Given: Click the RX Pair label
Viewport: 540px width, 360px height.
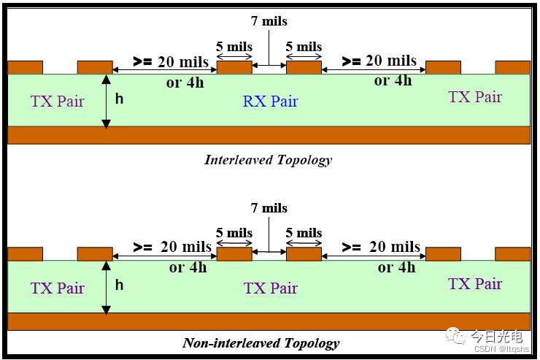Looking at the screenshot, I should (x=270, y=101).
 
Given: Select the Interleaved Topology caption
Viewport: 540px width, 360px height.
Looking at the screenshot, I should (x=268, y=160).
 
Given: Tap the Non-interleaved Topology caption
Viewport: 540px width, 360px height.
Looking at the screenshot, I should (x=261, y=342).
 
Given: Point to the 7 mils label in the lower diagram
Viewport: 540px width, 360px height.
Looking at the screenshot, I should (x=268, y=209).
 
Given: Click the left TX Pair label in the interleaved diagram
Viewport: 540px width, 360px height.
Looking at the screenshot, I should (x=57, y=101).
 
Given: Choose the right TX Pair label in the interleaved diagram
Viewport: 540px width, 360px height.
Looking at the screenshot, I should (x=475, y=96).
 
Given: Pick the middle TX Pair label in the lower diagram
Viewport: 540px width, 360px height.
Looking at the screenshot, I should (x=270, y=288).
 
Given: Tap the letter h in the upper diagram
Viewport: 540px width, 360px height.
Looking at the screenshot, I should (x=119, y=98).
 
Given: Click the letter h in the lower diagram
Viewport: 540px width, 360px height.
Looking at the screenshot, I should (x=119, y=285).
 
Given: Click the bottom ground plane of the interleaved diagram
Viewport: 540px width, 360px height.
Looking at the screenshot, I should (x=269, y=135).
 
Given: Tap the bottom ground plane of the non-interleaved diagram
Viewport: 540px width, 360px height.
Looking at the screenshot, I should (x=269, y=322).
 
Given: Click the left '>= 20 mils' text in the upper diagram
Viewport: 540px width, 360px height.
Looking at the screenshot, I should (x=170, y=62).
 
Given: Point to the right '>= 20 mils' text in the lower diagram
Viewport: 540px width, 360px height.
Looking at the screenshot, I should (x=381, y=248).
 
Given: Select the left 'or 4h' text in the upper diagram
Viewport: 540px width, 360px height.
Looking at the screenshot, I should (x=185, y=83).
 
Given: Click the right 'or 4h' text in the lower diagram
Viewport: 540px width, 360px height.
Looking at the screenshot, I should (x=396, y=267).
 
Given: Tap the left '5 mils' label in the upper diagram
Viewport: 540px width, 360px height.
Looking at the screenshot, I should (x=234, y=47).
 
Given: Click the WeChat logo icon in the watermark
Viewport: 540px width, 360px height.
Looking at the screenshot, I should (x=458, y=337).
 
